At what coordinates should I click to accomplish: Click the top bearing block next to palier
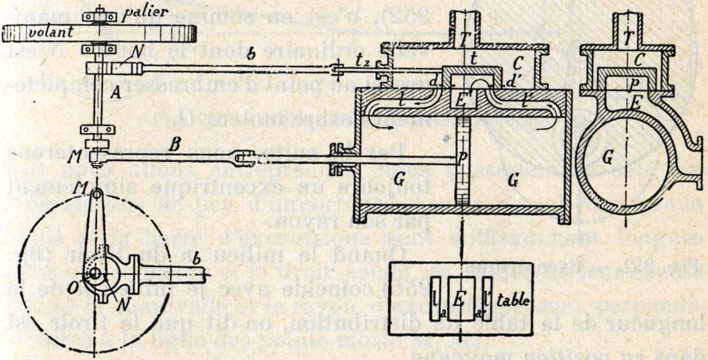[101, 16]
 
